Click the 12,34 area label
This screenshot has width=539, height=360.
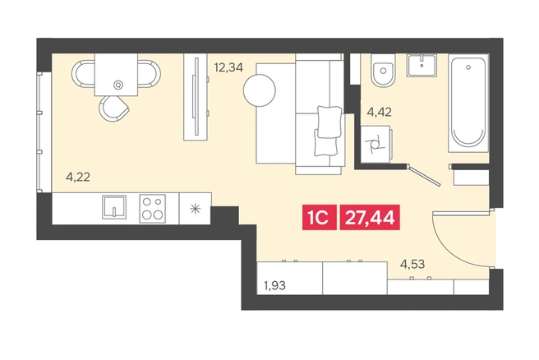tap(228, 67)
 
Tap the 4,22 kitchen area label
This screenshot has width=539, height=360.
tap(78, 178)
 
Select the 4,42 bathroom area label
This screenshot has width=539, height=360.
tap(380, 112)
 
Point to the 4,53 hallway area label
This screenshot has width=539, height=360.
tap(412, 265)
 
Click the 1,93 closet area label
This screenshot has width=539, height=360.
tap(274, 285)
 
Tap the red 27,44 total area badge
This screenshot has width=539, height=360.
tap(370, 217)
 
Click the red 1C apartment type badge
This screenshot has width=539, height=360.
tap(320, 217)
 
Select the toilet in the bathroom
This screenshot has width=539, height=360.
tap(383, 71)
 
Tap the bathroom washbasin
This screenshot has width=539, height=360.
tap(422, 65)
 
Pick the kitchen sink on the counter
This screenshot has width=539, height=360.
tap(114, 207)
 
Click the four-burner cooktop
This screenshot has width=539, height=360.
tap(152, 208)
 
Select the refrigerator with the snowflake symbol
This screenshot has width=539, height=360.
tap(196, 209)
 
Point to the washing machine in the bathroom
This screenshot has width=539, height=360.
tap(375, 144)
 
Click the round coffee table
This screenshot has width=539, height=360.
tap(259, 90)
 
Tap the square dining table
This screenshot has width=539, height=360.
tap(116, 75)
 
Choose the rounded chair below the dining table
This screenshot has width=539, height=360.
tap(113, 108)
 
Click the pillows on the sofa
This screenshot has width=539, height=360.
tap(327, 131)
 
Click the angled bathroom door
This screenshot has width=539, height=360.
tap(425, 175)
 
